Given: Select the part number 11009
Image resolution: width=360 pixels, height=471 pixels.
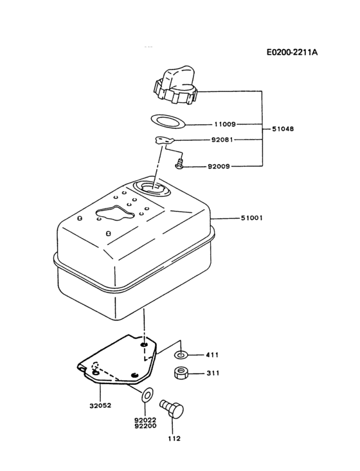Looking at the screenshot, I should pyautogui.click(x=225, y=124).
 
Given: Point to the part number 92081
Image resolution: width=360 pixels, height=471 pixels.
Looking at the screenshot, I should pyautogui.click(x=225, y=138).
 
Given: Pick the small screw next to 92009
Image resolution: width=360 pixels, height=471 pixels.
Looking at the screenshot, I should pyautogui.click(x=180, y=165).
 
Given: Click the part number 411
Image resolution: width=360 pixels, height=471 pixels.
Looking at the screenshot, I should pyautogui.click(x=213, y=355).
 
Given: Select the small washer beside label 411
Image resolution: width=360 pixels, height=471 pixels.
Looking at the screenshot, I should pyautogui.click(x=182, y=355).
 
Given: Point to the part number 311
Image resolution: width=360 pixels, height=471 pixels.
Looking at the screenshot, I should pyautogui.click(x=213, y=373).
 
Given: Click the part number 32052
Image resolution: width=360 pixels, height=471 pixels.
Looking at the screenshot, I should pyautogui.click(x=100, y=405).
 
